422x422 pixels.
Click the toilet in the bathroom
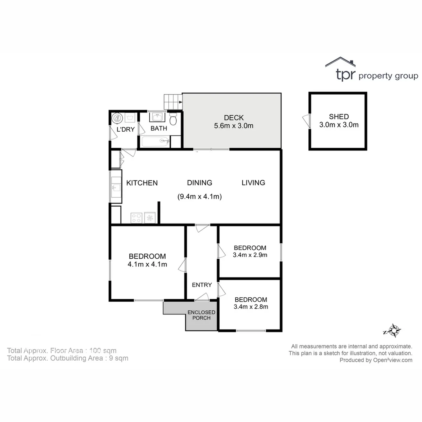pos(173,120)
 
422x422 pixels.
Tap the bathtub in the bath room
pos(156,141)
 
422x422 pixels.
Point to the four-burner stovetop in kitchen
pos(136,218)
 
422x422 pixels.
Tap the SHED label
pos(339,117)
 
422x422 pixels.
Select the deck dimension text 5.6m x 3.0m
pos(234,126)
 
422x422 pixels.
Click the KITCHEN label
pos(142,183)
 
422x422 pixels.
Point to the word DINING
pos(199,183)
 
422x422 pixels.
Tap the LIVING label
pos(253,183)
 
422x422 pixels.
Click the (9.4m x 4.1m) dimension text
pos(200,197)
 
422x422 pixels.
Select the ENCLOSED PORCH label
pos(201,315)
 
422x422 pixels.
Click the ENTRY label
pos(202,285)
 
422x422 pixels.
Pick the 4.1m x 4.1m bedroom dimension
pos(147,265)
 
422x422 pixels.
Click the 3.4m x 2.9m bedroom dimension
pos(250,255)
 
